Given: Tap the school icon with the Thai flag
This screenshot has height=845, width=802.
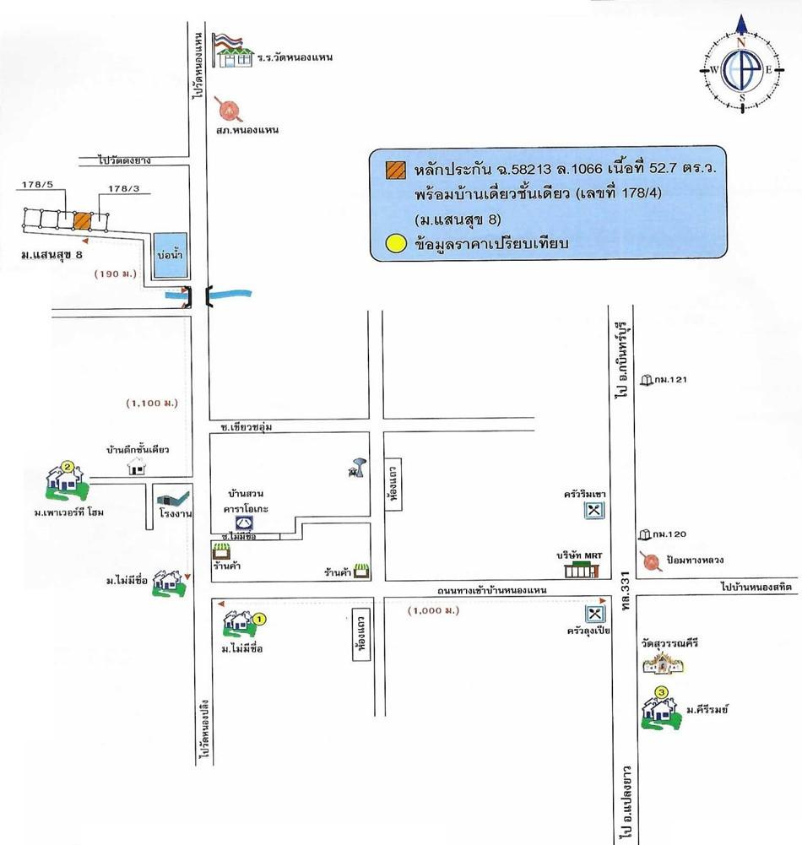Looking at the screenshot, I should point(234,51).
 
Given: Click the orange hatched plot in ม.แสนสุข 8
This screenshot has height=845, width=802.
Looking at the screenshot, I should point(82,220).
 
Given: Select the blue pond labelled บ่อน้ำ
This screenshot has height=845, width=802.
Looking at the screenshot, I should point(170,253).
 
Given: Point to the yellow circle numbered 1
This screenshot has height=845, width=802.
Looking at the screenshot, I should point(260,619).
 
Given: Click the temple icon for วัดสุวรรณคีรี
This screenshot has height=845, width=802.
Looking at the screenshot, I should point(663,663).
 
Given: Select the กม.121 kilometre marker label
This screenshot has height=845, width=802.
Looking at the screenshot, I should point(673,380).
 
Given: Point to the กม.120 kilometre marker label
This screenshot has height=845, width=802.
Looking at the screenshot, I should point(673,534).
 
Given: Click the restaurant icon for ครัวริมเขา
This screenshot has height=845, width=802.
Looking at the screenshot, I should point(595,511).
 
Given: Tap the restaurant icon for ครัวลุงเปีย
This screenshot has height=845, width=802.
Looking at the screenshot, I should point(595,614).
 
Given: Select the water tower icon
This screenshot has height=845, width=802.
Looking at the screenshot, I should point(354,467).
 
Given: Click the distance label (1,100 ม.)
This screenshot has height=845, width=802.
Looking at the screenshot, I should point(151,404).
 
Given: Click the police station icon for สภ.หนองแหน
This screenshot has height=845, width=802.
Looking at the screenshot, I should point(228,109).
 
